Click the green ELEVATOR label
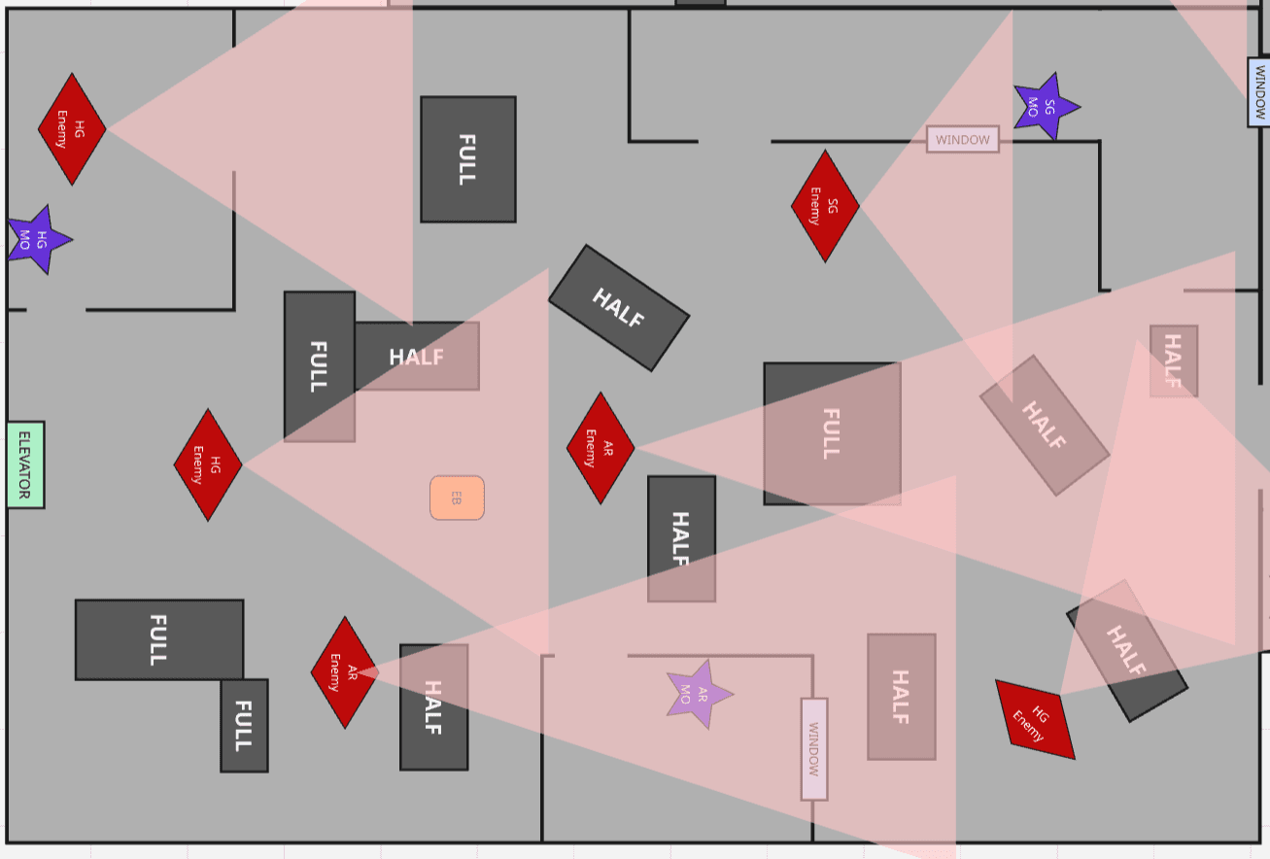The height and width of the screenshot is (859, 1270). (25, 464)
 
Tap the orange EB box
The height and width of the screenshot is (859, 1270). (457, 498)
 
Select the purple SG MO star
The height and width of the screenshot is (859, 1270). (1046, 106)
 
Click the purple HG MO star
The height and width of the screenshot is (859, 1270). (38, 239)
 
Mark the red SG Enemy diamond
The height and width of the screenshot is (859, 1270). (825, 206)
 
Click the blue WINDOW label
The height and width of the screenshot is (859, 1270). (1258, 91)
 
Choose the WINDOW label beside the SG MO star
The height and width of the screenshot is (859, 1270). (962, 140)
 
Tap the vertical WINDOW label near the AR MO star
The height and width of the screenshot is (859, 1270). (814, 749)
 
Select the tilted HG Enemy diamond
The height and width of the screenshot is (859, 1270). (1035, 720)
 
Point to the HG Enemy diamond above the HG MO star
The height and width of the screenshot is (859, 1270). (72, 128)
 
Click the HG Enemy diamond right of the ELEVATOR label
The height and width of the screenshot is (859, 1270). (208, 464)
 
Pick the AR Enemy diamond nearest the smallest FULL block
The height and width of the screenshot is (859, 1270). (344, 671)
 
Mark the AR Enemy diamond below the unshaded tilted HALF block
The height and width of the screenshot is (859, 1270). (601, 448)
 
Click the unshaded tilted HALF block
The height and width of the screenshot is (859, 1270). (619, 307)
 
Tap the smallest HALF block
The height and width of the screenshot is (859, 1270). (1173, 361)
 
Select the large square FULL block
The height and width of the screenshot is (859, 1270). (832, 433)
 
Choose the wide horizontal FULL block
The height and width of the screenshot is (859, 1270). (159, 639)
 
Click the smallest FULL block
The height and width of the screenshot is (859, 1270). (244, 725)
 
